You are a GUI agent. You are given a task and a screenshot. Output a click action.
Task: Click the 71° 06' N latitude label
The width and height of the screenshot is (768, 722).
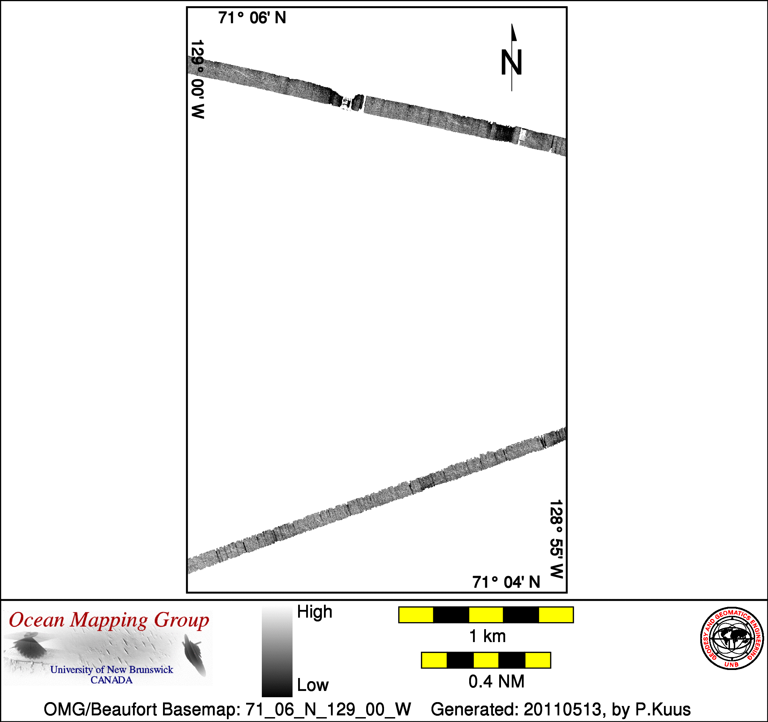[x=252, y=18]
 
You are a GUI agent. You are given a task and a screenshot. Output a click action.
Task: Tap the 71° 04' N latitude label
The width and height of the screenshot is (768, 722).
[x=506, y=582]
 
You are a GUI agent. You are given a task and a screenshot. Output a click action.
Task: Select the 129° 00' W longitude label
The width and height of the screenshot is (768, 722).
[x=197, y=79]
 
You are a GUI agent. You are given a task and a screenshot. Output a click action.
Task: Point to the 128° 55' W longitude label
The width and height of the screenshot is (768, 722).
[x=556, y=539]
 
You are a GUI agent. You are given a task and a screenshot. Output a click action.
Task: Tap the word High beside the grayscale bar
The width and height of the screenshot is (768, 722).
[x=315, y=612]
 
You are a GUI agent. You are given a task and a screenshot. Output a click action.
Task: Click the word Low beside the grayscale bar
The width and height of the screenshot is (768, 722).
[x=312, y=685]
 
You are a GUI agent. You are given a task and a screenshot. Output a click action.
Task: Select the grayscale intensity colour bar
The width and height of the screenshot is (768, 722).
[x=277, y=652]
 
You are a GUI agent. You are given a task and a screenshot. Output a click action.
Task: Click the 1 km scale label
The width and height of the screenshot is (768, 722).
[x=487, y=636]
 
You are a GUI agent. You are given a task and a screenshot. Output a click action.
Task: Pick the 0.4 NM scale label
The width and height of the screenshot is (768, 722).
[x=496, y=682]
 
